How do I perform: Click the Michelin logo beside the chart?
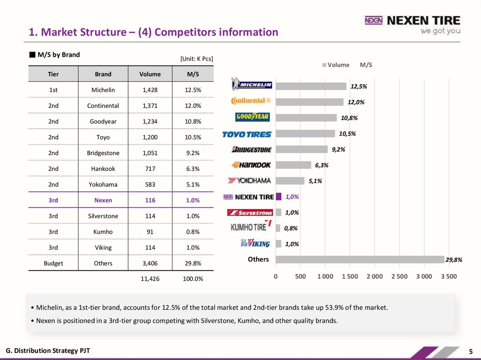[252, 85]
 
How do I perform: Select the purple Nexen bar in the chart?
[279, 197]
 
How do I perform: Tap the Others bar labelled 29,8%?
[360, 259]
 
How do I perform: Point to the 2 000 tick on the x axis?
[374, 276]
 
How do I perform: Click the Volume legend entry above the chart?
[335, 65]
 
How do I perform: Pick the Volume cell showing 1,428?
[150, 90]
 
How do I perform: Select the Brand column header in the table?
[103, 74]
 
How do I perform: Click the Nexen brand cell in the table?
[103, 200]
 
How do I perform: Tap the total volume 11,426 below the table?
[150, 279]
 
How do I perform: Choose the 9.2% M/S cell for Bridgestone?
[193, 153]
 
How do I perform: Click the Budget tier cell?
[54, 263]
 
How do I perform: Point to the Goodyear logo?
[252, 116]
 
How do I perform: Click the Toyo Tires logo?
[247, 134]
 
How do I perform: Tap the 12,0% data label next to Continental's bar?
[356, 102]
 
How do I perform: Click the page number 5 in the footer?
[471, 352]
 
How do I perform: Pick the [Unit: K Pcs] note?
[196, 59]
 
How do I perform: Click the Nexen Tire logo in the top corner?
[412, 24]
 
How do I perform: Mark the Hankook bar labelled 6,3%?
[293, 165]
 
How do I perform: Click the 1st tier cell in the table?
[54, 90]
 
